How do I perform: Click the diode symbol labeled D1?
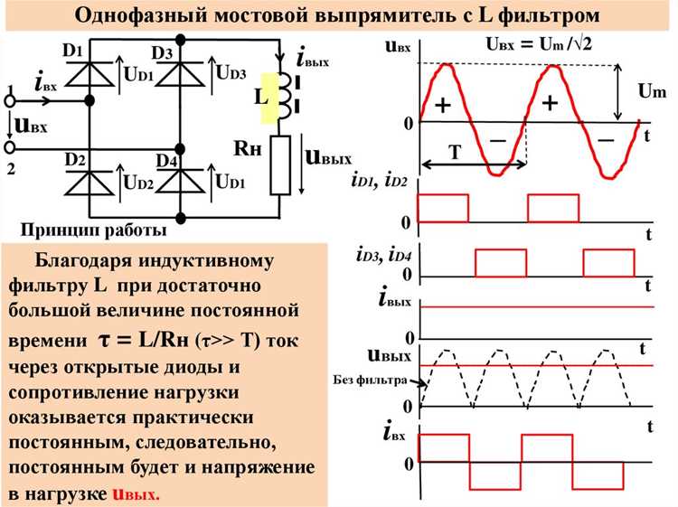[89, 73]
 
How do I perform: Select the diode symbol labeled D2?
[89, 183]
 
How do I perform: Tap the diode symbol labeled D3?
[180, 73]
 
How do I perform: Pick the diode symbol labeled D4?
[180, 182]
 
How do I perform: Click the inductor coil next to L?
[283, 95]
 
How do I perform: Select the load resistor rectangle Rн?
[280, 164]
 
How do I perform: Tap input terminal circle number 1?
[10, 101]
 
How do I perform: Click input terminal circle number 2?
[10, 148]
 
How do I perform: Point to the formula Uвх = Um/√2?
[539, 43]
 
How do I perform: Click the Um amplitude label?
[652, 91]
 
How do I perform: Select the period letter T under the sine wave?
[455, 152]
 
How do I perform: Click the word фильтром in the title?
[549, 16]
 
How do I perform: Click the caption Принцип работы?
[94, 230]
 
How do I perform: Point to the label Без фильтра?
[370, 380]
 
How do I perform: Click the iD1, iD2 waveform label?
[380, 181]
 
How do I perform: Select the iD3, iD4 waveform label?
[384, 255]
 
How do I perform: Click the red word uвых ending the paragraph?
[137, 493]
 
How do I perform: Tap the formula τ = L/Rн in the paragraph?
[144, 340]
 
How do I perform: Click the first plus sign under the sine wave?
[443, 106]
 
